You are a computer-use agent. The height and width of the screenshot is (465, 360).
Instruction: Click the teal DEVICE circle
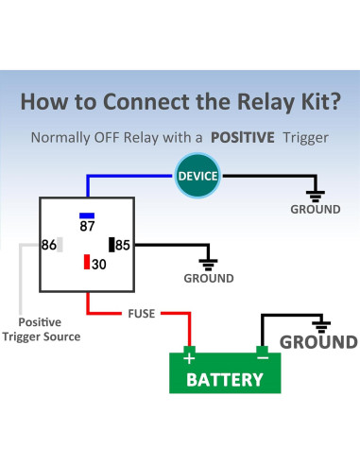(197, 176)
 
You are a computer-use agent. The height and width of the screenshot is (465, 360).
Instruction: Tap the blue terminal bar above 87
(87, 215)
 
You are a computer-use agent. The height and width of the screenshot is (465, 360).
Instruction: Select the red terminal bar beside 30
(87, 262)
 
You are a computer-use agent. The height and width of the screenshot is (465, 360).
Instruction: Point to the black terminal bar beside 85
(111, 245)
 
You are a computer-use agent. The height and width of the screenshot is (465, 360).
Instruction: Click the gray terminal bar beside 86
(60, 245)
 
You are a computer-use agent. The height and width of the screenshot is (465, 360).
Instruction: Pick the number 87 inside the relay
(87, 226)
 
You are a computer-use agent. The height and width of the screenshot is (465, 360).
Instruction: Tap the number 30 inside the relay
(99, 265)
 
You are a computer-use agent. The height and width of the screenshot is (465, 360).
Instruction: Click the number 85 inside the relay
(123, 245)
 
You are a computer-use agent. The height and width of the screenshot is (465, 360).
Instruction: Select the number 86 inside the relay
(49, 245)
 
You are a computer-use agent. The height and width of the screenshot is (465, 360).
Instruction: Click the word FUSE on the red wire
(142, 314)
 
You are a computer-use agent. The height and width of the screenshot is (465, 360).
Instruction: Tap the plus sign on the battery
(189, 358)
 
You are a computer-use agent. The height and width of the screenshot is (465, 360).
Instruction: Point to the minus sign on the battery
(263, 357)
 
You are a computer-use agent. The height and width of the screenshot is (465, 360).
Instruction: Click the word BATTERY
(225, 380)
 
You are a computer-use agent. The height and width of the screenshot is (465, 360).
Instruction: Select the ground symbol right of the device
(316, 196)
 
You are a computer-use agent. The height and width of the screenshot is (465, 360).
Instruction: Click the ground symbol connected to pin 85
(208, 265)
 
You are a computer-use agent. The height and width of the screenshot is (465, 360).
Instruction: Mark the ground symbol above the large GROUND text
(321, 327)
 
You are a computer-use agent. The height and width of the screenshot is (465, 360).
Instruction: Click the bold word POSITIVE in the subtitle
(243, 138)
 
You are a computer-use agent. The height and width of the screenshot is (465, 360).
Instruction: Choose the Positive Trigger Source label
(42, 330)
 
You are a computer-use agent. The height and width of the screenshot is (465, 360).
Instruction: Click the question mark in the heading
(334, 101)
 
